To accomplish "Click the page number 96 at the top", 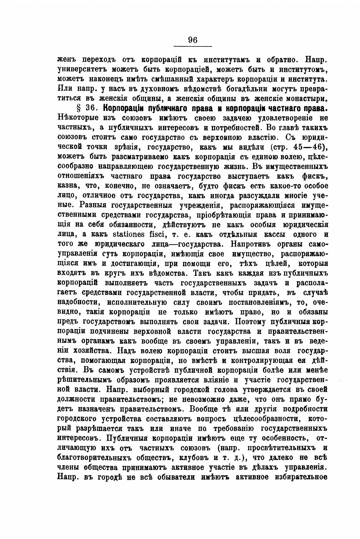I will tap(193, 40).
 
